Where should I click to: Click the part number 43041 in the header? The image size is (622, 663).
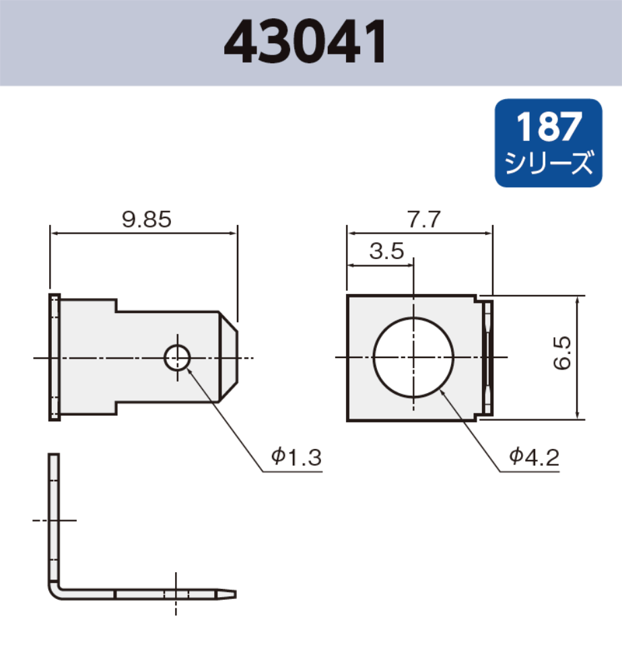[x=306, y=42]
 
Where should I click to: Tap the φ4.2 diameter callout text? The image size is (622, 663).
[x=534, y=458]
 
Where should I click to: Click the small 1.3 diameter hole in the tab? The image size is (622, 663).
[x=177, y=357]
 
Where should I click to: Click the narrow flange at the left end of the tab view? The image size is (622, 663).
[x=55, y=357]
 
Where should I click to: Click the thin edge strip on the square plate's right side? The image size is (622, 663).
[x=489, y=357]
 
